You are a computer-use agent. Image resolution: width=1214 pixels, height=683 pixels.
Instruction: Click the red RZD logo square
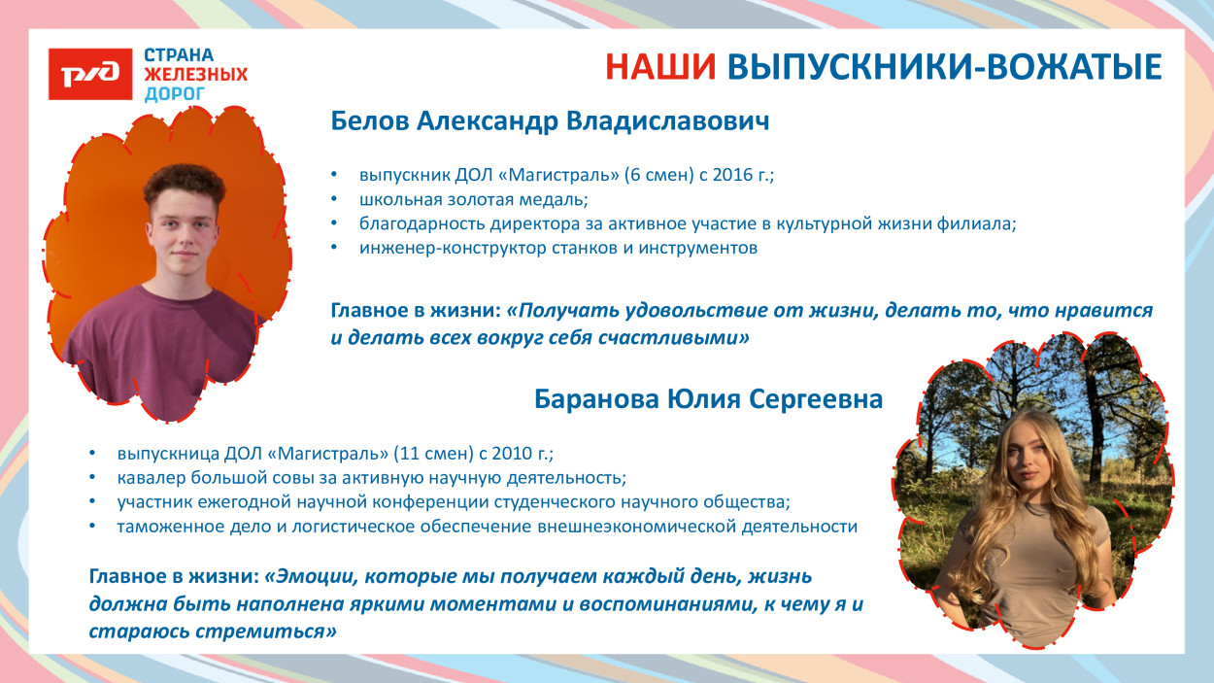click(x=89, y=74)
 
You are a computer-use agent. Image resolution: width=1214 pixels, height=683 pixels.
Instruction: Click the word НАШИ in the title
click(x=660, y=66)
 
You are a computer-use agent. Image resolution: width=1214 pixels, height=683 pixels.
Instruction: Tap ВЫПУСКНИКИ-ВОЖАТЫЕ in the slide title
click(x=944, y=66)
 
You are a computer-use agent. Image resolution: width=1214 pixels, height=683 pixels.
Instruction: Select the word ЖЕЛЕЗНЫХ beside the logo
click(x=195, y=74)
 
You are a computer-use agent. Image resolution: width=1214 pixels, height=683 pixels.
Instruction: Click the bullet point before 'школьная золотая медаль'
click(x=335, y=200)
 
